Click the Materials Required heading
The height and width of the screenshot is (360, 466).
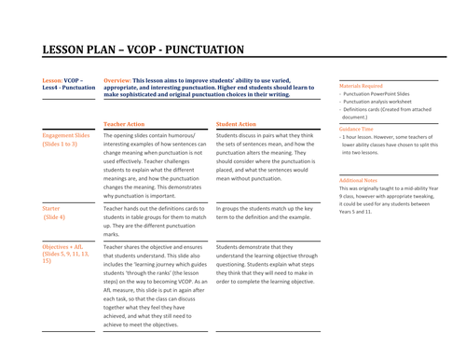[360, 85]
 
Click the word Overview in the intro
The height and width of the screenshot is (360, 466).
[120, 81]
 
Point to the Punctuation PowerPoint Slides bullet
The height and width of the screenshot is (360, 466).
[377, 94]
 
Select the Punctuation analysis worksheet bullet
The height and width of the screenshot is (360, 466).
[380, 103]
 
